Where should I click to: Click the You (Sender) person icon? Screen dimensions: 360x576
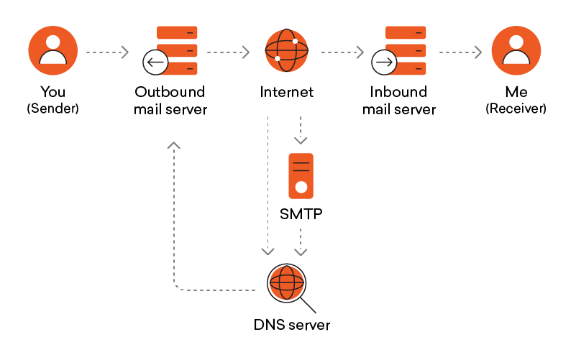[52, 52]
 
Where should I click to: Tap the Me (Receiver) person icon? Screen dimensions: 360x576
[516, 52]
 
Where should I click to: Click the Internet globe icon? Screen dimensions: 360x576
[286, 52]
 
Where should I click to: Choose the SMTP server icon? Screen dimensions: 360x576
[301, 175]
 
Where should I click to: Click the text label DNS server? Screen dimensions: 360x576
[292, 325]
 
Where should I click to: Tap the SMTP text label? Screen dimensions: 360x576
[301, 215]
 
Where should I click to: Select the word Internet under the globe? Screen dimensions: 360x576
[287, 93]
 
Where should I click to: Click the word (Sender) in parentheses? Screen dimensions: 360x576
[52, 109]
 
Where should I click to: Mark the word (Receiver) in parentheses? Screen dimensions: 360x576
[516, 109]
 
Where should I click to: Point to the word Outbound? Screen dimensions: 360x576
[170, 93]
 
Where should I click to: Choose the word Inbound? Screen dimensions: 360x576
[398, 93]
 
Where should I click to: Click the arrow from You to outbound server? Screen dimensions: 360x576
[107, 52]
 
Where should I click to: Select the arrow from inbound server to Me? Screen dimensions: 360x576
[460, 52]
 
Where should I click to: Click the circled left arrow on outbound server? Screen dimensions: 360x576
[155, 63]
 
